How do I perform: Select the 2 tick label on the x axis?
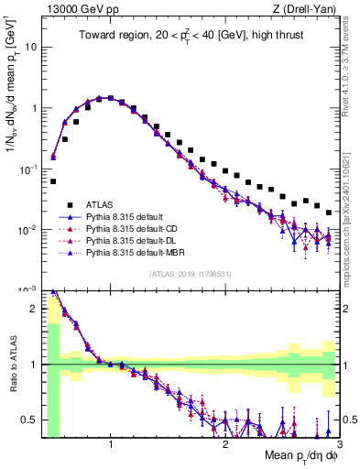pos(225,444)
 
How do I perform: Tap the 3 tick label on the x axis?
pos(339,444)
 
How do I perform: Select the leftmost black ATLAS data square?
pos(53,181)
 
